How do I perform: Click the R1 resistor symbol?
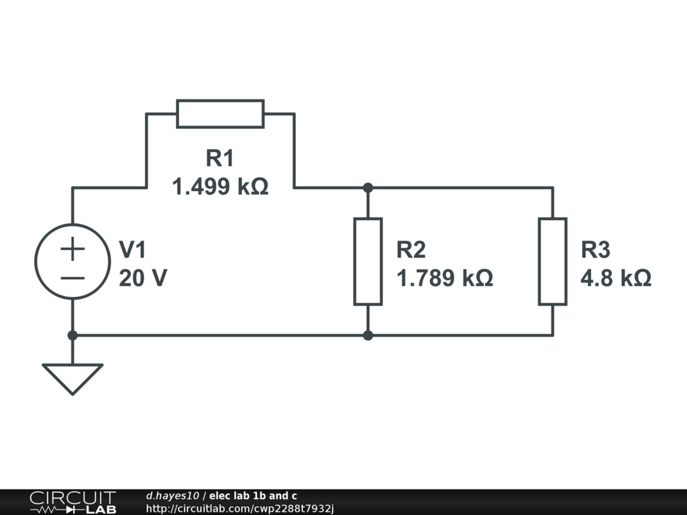tap(220, 114)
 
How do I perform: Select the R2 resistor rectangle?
tap(368, 262)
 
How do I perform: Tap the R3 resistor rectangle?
tap(553, 262)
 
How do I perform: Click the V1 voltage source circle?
tap(72, 262)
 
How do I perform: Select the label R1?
tap(220, 159)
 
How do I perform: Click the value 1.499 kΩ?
tap(220, 187)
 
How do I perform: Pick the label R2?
tap(411, 250)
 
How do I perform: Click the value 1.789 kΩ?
tap(445, 278)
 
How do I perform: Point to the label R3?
tap(596, 250)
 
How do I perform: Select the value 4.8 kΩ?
tap(616, 278)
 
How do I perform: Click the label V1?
tap(132, 250)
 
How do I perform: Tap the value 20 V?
tap(142, 278)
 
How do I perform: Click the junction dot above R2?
tap(368, 188)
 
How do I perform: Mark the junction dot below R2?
tap(368, 335)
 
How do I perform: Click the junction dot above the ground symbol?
tap(72, 335)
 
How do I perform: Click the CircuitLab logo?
tap(72, 502)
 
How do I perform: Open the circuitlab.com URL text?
tap(240, 509)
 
